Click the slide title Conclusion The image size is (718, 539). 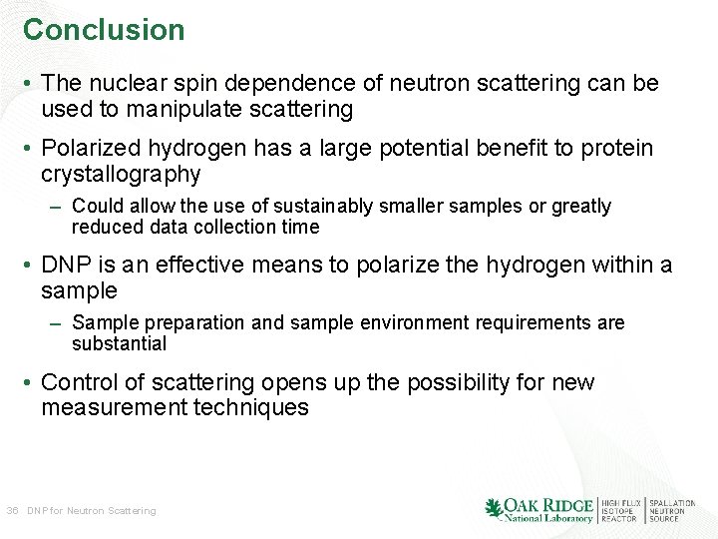point(104,30)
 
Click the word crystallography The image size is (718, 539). point(121,175)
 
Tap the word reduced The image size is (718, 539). point(104,227)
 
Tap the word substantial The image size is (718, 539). point(119,343)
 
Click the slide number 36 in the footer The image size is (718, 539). point(12,511)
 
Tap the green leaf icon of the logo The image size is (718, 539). point(494,509)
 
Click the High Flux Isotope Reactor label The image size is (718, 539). point(618,510)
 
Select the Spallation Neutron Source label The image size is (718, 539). point(672,510)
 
